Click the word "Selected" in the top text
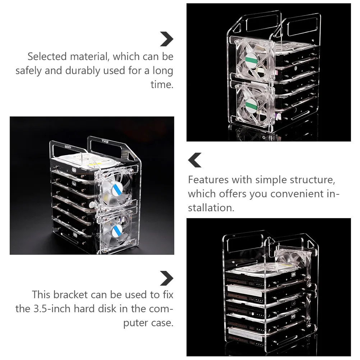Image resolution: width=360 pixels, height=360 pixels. (47, 56)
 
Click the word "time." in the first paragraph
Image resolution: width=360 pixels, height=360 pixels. (162, 84)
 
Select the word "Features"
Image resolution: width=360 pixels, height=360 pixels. (208, 180)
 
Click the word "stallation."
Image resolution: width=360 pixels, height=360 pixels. (211, 208)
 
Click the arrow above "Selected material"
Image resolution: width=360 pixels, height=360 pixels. (167, 39)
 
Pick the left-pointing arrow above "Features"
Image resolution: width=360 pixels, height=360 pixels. (195, 160)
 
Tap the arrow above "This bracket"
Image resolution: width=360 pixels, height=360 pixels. (167, 278)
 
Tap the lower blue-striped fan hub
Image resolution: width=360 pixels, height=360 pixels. (117, 230)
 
